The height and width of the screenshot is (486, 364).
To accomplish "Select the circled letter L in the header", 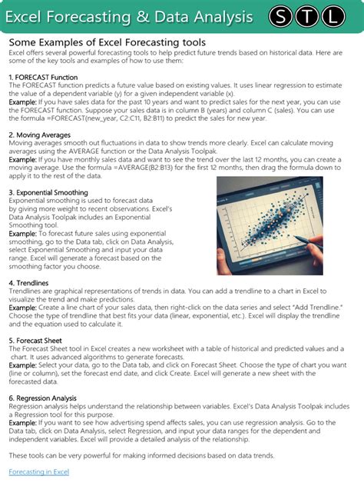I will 333,15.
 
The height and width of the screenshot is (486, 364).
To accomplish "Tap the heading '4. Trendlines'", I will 30,284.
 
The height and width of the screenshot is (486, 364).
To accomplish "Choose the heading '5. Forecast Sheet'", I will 41,340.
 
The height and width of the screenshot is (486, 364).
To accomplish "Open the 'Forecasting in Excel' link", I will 39,471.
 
